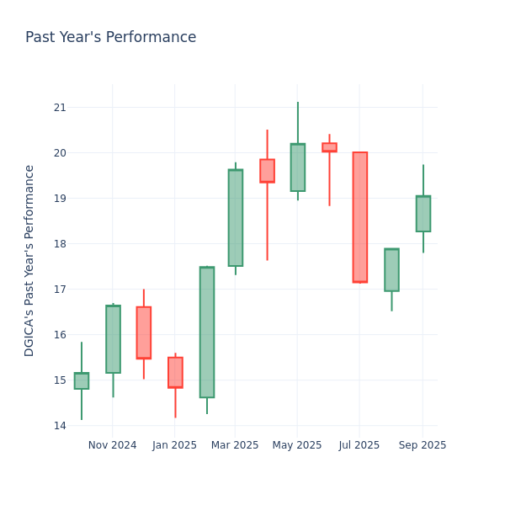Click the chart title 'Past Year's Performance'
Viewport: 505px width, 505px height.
[110, 38]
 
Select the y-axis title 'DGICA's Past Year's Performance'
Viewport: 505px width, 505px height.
[29, 260]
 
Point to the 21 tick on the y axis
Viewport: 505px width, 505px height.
[60, 108]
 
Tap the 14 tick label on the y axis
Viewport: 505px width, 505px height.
[60, 426]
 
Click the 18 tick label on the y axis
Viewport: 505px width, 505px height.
[60, 244]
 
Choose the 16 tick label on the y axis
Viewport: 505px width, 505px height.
[60, 335]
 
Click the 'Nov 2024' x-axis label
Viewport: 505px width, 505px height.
[112, 445]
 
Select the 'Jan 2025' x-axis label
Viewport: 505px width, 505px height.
[174, 445]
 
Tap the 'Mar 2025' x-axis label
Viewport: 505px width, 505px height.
[235, 445]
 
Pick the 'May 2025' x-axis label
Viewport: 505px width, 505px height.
[297, 445]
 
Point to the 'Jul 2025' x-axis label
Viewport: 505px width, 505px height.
[359, 445]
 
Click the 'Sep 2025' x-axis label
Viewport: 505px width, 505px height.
[423, 445]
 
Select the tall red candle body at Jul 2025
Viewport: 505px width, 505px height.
[359, 217]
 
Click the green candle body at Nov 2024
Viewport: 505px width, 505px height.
[113, 339]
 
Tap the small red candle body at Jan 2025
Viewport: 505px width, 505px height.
[175, 372]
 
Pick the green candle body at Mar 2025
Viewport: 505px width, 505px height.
[236, 218]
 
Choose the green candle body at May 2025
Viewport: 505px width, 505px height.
[298, 167]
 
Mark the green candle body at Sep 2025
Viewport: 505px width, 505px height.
[423, 214]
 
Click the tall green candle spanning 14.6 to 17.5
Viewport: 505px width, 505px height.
[207, 332]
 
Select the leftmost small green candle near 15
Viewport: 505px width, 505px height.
[82, 381]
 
